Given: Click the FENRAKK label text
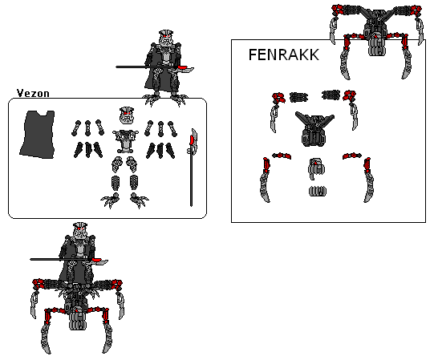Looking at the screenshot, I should (x=284, y=55).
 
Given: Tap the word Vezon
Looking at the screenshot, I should (x=33, y=93).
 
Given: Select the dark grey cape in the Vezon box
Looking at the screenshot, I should (x=38, y=136).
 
